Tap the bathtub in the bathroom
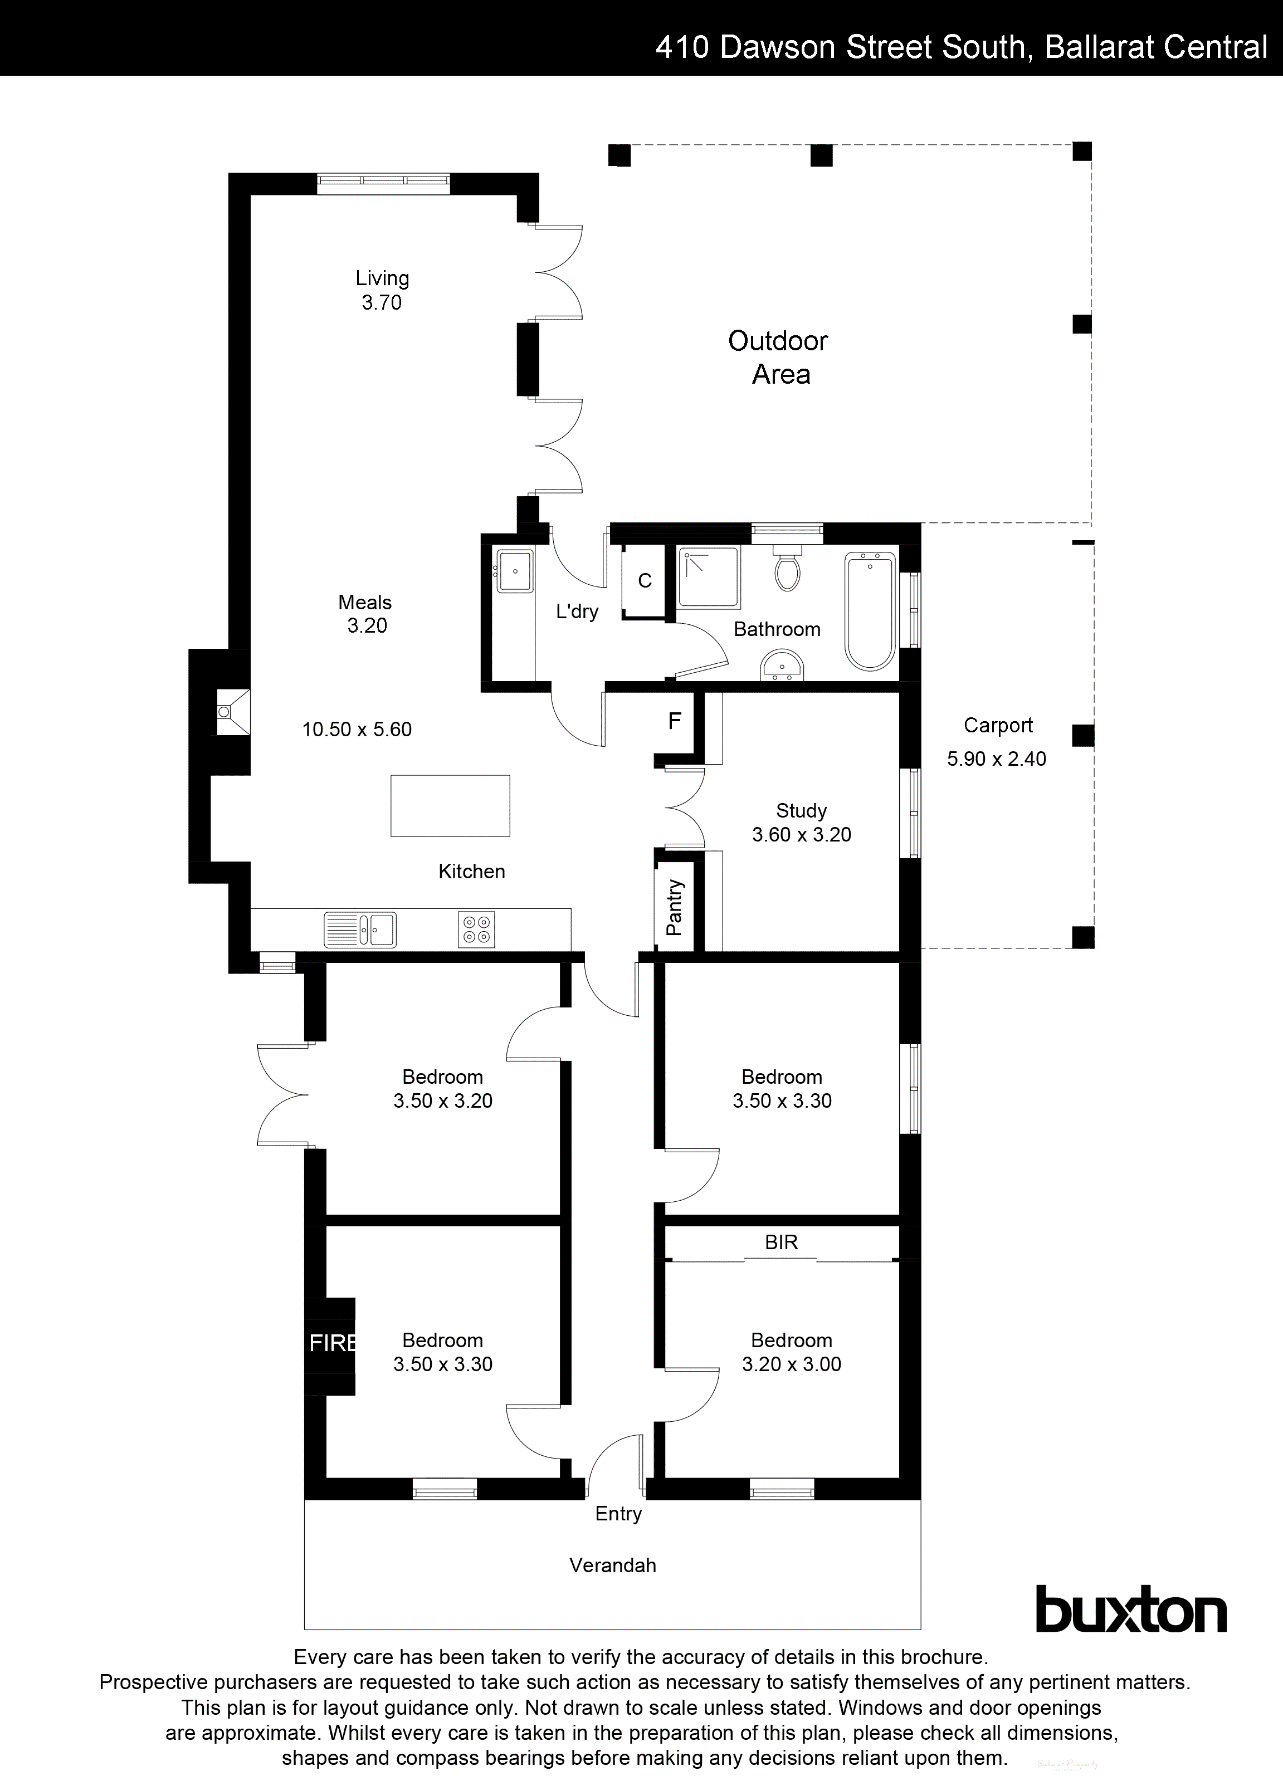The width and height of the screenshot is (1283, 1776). pos(870,611)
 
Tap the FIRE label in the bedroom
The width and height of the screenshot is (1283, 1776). pos(332,1343)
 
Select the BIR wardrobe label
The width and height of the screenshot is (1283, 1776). pos(781,1242)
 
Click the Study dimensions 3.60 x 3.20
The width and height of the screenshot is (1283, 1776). pos(801,835)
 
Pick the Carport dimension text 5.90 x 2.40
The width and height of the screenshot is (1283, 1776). pos(996,759)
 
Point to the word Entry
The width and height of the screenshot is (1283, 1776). pos(618,1514)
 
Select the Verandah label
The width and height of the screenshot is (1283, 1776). pos(612,1565)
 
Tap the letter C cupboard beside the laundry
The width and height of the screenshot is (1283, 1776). pos(645,580)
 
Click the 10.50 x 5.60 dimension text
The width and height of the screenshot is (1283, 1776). pos(357,729)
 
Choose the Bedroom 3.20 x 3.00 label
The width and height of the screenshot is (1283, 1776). pos(791,1352)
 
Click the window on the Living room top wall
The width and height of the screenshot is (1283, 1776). pos(384,184)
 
